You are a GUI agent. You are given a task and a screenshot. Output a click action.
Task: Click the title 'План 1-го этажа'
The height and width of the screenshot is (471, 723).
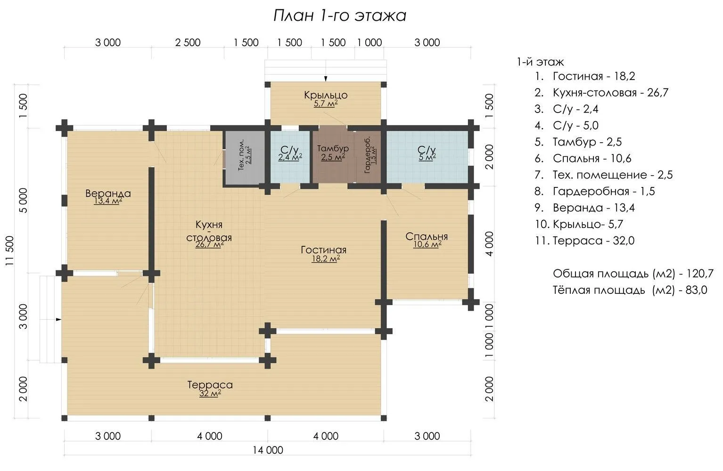point(339,16)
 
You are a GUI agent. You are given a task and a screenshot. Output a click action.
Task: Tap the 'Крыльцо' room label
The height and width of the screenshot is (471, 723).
point(326,95)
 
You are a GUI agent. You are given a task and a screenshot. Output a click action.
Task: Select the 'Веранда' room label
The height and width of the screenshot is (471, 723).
point(108,193)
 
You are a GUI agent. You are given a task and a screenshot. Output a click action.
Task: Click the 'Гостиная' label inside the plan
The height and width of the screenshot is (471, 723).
point(323,250)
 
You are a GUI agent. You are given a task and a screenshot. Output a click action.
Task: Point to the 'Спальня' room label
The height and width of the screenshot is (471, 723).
point(427,236)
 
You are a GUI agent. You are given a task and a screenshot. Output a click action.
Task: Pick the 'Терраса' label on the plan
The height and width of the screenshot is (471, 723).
point(210,384)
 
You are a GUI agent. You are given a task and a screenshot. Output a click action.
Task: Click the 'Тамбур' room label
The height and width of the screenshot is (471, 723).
point(333,148)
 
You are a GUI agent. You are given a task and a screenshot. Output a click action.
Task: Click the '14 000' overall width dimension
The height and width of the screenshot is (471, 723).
point(268,450)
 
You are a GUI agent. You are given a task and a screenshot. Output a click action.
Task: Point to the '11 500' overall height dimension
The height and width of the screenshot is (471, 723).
point(10,251)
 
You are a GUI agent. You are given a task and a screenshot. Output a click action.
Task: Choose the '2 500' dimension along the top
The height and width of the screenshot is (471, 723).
point(188,42)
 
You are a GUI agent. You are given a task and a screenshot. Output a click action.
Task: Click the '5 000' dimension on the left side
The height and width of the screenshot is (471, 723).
point(24,200)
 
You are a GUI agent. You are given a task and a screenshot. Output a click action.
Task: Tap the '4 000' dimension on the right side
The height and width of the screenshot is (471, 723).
point(489,244)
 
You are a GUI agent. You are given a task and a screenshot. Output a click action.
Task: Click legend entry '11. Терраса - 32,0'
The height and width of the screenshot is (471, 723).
point(584,240)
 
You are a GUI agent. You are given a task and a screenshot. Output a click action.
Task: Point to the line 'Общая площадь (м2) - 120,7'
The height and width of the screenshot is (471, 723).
point(633,274)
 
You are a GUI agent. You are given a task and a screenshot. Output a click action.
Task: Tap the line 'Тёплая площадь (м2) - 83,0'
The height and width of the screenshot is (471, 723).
point(630,290)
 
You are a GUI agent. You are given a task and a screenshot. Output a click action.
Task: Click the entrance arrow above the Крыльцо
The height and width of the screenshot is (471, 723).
point(326,78)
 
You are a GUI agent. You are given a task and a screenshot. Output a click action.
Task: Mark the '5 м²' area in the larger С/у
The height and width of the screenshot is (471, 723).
point(427,157)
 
